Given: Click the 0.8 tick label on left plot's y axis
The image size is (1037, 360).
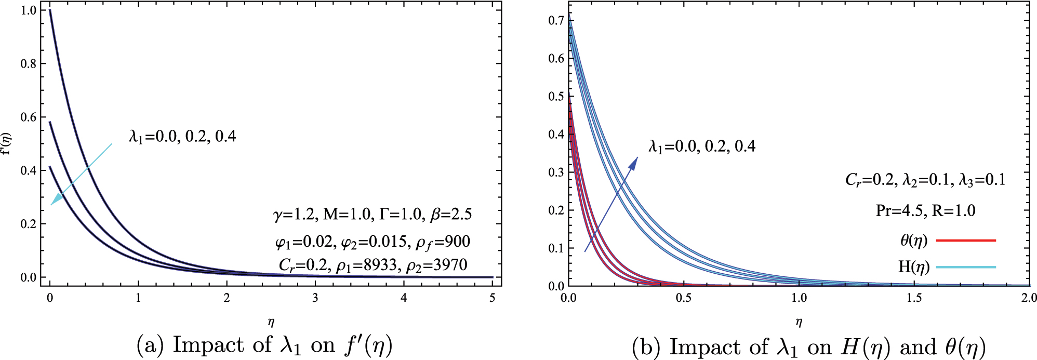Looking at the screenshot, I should point(29,64).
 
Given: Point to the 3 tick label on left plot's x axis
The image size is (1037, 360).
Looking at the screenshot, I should point(315,298).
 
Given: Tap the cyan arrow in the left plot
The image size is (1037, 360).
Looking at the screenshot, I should point(82,174).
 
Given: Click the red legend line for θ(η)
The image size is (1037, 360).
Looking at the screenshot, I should point(966,241).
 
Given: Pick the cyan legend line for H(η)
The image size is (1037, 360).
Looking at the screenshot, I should point(966,267).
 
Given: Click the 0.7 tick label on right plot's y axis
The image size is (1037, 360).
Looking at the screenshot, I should point(556,20).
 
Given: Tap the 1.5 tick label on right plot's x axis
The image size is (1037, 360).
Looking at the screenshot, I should point(914,298).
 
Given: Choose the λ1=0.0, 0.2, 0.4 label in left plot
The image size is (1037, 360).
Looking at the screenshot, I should point(182,137).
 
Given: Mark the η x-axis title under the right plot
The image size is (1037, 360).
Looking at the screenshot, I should point(799,323).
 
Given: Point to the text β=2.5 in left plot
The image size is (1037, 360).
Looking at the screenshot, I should point(451,214).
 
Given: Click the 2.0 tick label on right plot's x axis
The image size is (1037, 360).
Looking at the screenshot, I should point(1029,298).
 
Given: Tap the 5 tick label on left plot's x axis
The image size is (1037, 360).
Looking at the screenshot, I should point(492,298).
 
